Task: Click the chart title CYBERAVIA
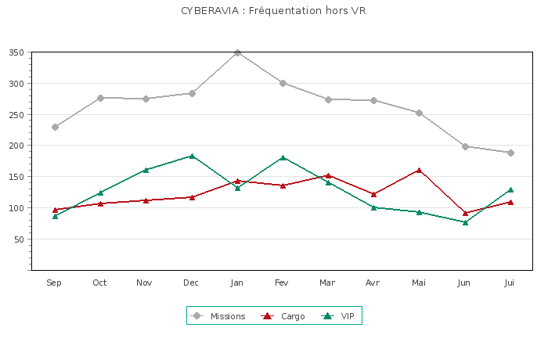click(x=273, y=11)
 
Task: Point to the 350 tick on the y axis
click(x=16, y=52)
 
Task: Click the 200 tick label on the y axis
click(x=16, y=146)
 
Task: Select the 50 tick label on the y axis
click(x=18, y=239)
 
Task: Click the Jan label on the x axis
click(x=236, y=283)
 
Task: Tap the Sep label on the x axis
click(x=54, y=283)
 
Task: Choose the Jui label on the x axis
click(x=510, y=283)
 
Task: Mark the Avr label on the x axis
click(x=373, y=283)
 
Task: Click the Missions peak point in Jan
click(x=237, y=52)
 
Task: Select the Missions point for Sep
click(x=55, y=127)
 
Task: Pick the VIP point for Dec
click(x=192, y=157)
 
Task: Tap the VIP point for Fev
click(x=283, y=157)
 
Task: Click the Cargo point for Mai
click(x=420, y=170)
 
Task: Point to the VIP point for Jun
click(x=465, y=222)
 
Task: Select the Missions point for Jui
click(x=510, y=153)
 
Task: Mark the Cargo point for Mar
click(x=329, y=175)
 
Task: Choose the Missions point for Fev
click(x=283, y=83)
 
